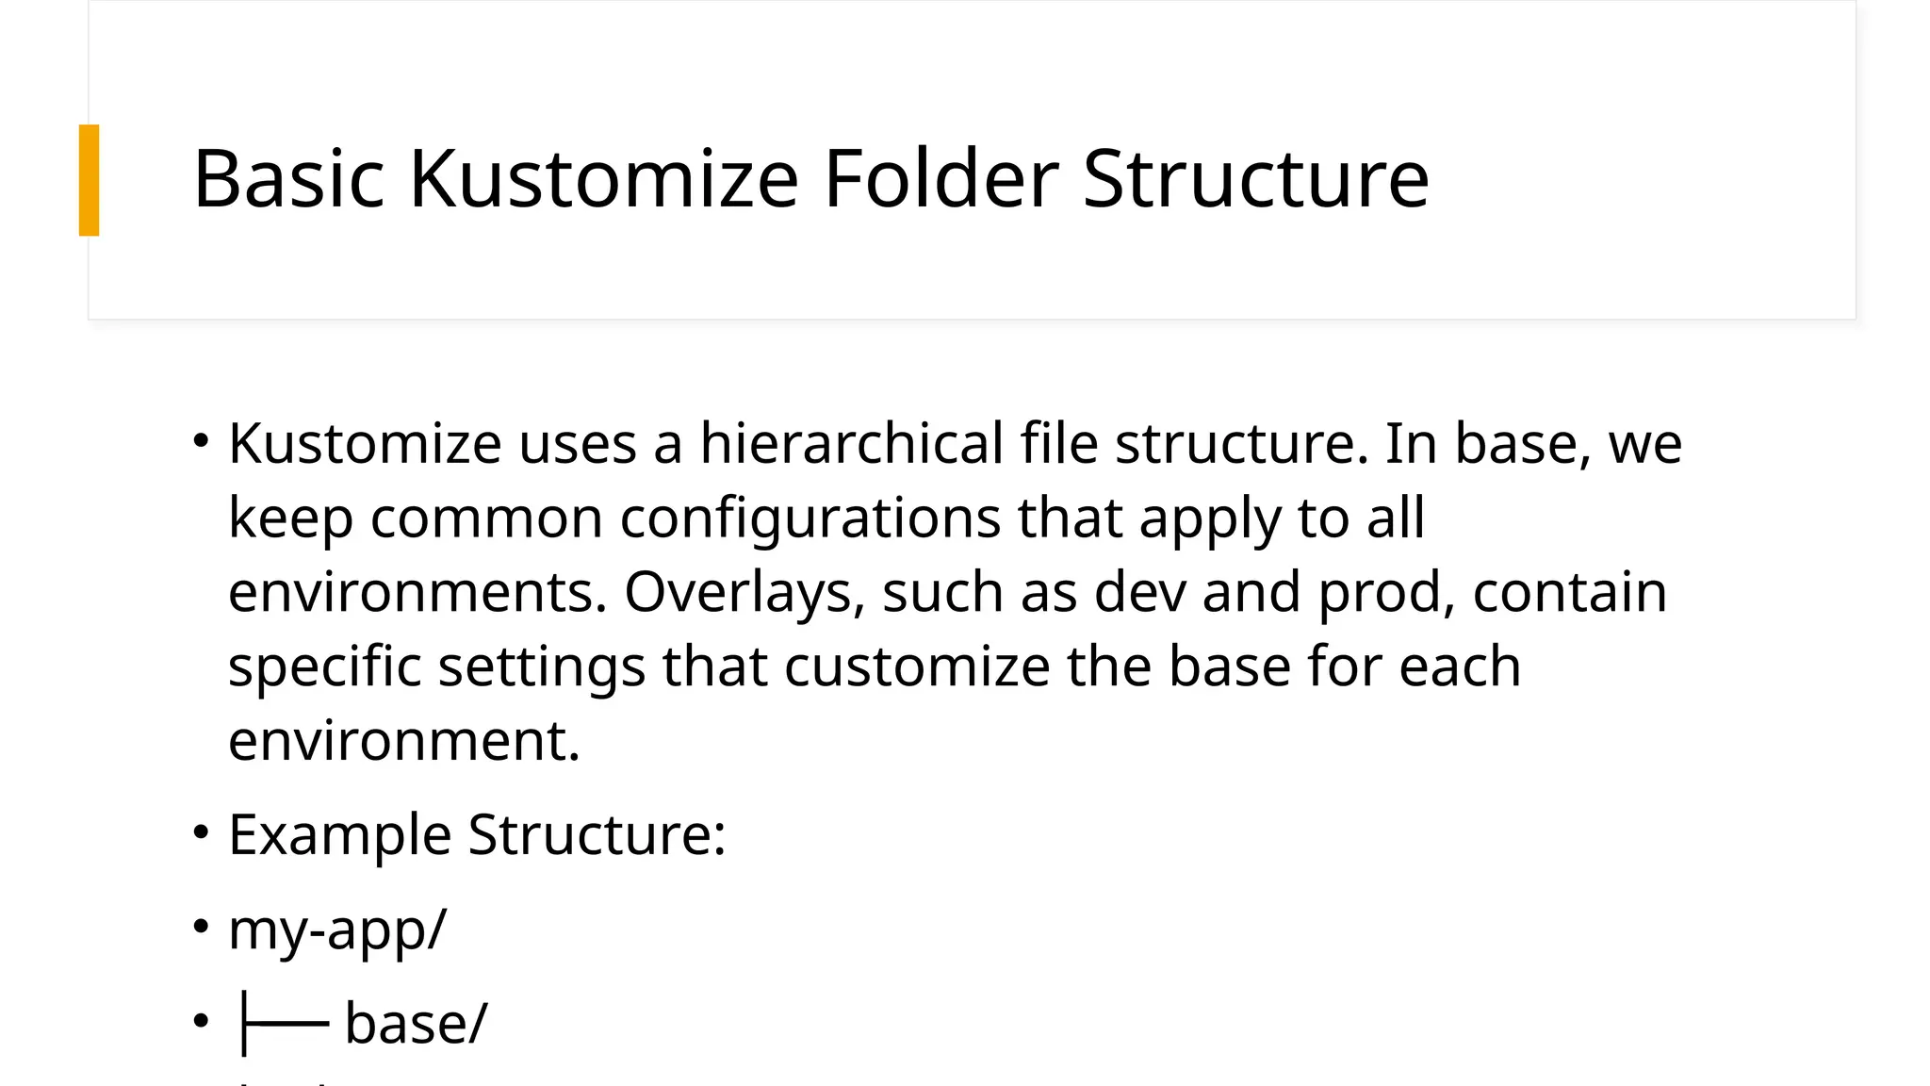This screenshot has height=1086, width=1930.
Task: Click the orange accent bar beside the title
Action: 89,179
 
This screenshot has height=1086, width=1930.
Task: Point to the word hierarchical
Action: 851,443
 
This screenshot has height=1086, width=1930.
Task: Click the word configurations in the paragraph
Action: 810,518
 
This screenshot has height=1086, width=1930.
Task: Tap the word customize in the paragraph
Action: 917,666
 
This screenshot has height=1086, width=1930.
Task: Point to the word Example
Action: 339,835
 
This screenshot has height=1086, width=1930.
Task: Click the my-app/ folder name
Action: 337,930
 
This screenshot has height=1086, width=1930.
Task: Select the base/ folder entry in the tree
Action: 416,1023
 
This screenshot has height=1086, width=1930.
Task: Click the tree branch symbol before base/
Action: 284,1023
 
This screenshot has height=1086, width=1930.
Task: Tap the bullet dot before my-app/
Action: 200,927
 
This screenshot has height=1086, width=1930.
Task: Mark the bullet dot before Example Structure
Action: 200,832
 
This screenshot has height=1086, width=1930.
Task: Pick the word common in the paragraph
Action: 486,518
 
